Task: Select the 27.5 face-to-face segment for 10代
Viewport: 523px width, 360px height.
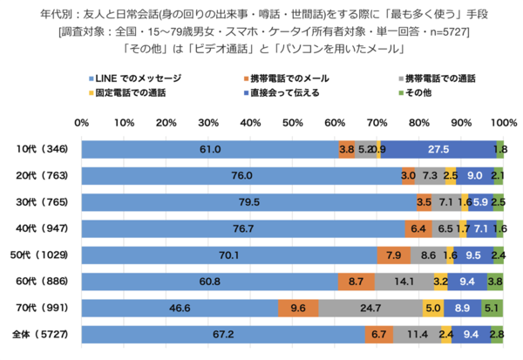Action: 438,150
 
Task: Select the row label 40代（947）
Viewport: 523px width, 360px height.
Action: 45,228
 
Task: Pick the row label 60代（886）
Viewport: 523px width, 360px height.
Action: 45,281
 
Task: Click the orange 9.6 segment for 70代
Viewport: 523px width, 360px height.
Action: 298,307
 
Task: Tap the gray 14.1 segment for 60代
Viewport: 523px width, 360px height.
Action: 404,281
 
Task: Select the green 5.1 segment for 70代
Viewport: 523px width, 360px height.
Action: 492,307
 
